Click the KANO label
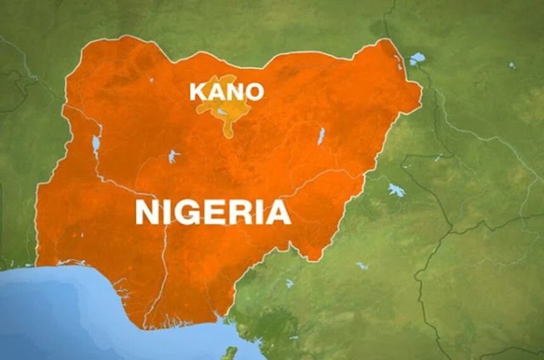[x=226, y=92]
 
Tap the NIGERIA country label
[x=213, y=213]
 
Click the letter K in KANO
[x=198, y=92]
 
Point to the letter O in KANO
[x=254, y=92]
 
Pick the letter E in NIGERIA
[x=214, y=213]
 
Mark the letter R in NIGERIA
[x=239, y=213]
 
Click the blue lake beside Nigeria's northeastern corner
[x=417, y=59]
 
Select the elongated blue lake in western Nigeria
[x=96, y=144]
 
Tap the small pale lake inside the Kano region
[x=220, y=112]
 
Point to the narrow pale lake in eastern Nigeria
[x=321, y=135]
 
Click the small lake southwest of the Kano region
[x=173, y=156]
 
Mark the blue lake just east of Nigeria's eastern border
[x=396, y=190]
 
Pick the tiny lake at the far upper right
[x=512, y=65]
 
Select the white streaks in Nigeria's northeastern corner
[x=398, y=61]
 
